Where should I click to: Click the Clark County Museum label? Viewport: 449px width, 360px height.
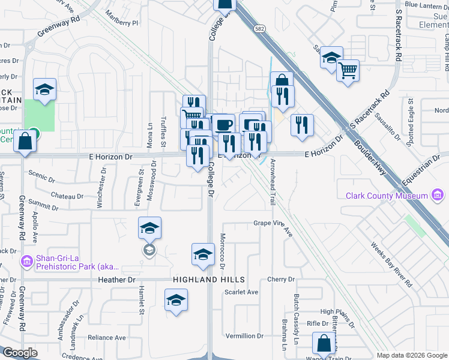tap(387, 196)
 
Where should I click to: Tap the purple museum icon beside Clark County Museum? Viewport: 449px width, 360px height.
tap(438, 196)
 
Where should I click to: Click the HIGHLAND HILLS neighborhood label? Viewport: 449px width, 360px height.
tap(209, 280)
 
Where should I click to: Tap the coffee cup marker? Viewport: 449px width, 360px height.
tap(224, 125)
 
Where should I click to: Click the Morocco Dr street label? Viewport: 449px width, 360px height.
tap(221, 250)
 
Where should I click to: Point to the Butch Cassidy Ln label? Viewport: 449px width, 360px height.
tap(297, 328)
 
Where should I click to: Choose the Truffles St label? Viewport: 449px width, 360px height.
tap(163, 131)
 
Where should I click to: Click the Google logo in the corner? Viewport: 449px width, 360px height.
tap(20, 353)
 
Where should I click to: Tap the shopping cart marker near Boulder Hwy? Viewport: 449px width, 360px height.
tap(348, 71)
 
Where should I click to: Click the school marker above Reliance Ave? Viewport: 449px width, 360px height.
tap(176, 299)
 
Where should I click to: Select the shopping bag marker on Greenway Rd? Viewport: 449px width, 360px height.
tap(25, 142)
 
